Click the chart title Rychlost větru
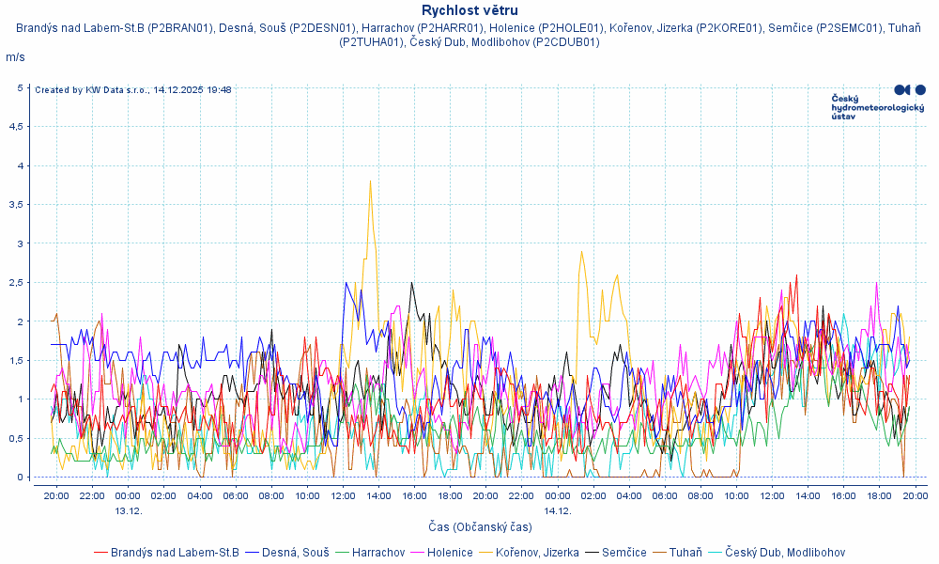[x=469, y=10]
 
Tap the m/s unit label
[x=15, y=57]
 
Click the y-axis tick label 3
[x=21, y=243]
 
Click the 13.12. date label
[x=128, y=511]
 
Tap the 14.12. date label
[x=557, y=511]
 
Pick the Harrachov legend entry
[x=378, y=552]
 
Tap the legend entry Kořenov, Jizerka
[x=537, y=552]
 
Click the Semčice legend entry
[x=623, y=552]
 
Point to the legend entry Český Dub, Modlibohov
[x=785, y=552]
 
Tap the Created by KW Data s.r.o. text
[x=132, y=90]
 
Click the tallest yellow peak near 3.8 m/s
[x=371, y=180]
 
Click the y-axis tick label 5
[x=21, y=87]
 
